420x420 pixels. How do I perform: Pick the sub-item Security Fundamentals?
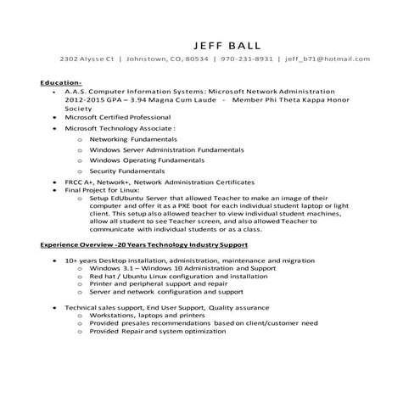(x=127, y=171)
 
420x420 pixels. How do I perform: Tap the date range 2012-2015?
(x=85, y=99)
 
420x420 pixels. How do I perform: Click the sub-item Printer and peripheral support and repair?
(x=147, y=283)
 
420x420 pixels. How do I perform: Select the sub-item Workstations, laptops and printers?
(x=147, y=315)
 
